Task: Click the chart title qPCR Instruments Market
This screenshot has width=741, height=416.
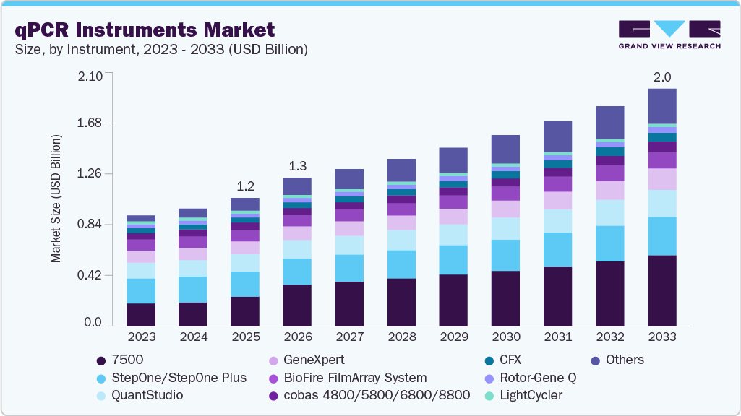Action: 145,30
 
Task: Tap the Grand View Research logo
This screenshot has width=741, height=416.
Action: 669,35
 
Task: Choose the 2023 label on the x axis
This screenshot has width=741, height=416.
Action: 141,337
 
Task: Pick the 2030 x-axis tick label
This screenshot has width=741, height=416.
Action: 505,337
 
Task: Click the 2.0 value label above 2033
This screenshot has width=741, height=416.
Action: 661,77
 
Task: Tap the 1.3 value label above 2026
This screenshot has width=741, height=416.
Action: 297,165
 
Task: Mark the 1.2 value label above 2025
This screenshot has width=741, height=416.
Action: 245,186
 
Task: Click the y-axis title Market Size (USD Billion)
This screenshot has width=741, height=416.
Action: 56,198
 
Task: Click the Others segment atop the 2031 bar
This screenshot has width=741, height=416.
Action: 557,136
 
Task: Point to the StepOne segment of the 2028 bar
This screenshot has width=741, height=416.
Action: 401,264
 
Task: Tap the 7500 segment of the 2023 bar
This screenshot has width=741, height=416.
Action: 141,314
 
